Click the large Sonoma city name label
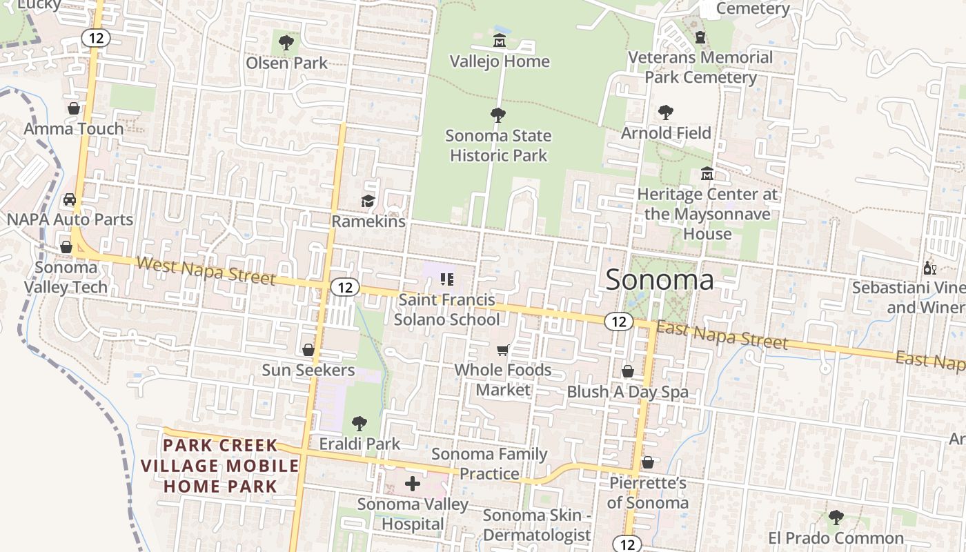[x=659, y=280]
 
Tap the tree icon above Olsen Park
[x=286, y=43]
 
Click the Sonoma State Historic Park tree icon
[x=497, y=115]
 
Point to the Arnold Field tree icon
[x=666, y=112]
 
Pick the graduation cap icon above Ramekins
[x=368, y=201]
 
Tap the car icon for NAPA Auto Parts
[x=70, y=199]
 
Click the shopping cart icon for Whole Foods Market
[x=503, y=351]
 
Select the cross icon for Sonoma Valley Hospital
[x=413, y=484]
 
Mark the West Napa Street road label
[x=206, y=270]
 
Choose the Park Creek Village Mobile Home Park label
[x=220, y=466]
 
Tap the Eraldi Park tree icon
[x=359, y=423]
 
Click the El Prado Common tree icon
[x=836, y=517]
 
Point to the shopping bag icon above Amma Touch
[x=74, y=108]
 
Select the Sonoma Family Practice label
[x=489, y=464]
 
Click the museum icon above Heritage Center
[x=707, y=174]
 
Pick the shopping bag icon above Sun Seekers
[x=308, y=350]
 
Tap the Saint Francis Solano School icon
[x=446, y=279]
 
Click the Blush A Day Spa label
[x=627, y=392]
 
